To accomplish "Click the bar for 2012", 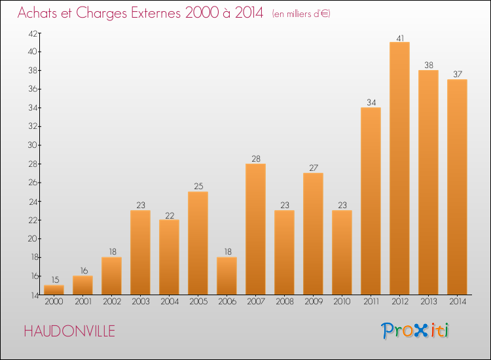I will [399, 168].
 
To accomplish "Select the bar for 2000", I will [54, 289].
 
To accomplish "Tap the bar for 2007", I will [255, 229].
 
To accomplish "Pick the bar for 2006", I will [227, 276].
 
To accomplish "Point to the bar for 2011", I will [371, 201].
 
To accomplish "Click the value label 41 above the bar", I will [399, 37].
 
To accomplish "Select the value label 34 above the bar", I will [371, 102].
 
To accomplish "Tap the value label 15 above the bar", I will [54, 280].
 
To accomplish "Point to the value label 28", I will [255, 158].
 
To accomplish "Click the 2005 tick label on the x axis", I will [198, 302].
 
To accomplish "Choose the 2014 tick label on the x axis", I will [457, 302].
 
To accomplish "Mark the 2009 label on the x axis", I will [313, 302].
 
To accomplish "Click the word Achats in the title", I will [37, 13].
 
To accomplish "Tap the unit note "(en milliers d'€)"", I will [300, 14].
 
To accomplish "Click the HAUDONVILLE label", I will [69, 331].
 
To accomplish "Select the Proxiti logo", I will [415, 331].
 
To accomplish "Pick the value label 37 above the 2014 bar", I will [457, 75].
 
